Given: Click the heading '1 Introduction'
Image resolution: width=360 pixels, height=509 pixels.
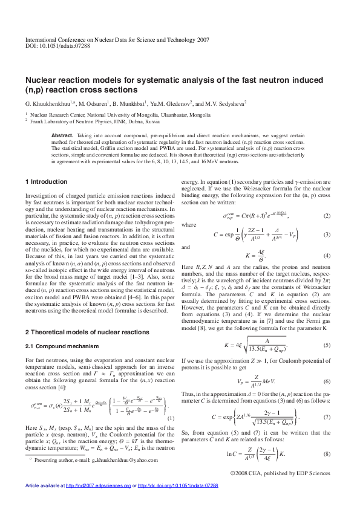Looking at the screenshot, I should point(47,182).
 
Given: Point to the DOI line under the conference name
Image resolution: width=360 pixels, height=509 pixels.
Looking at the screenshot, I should point(57,45).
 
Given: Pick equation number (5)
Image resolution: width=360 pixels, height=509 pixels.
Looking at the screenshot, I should point(327,345).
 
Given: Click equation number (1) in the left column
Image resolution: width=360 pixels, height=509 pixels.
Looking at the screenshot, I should point(171,418).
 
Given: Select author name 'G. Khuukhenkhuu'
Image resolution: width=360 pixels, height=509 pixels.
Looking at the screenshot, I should point(49,103).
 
